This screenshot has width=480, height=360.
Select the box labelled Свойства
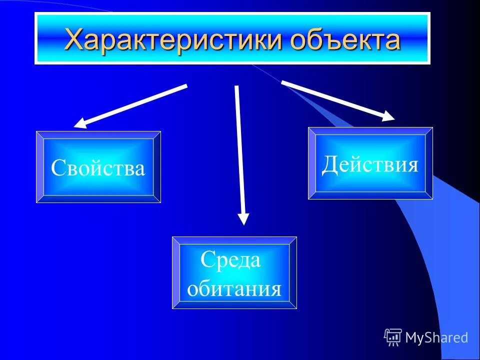pos(98,167)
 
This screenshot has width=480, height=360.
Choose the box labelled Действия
pos(370,163)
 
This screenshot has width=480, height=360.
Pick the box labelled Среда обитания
pos(234,272)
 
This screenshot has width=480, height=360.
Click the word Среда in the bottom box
pos(230,260)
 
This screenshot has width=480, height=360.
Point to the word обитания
pos(234,288)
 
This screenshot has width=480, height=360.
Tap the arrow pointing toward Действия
pos(337,100)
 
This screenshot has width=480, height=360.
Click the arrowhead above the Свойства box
pos(80,123)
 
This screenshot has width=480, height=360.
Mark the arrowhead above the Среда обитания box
pos(243,218)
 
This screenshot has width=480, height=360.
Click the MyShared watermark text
pos(436,337)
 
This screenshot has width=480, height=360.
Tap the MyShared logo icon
pos(393,337)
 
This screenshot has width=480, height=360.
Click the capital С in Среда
pos(207,260)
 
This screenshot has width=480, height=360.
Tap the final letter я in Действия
pos(411,164)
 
